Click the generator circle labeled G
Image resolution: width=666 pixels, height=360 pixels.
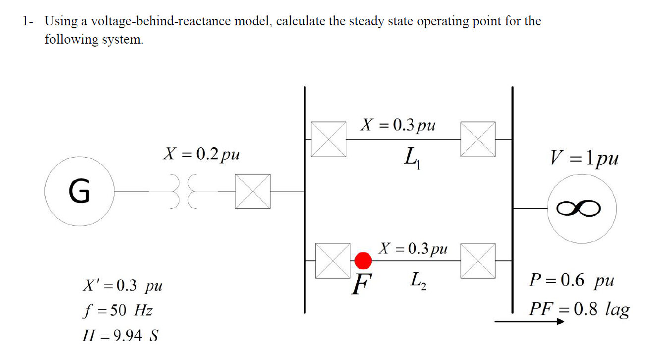point(79,191)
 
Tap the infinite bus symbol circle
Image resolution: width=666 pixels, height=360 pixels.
point(582,209)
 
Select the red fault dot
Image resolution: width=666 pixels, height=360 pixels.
point(363,260)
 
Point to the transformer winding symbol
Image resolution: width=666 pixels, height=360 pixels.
point(183,191)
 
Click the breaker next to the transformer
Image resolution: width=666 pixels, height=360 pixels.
point(253,191)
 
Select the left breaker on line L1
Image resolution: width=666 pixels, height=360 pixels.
point(328,139)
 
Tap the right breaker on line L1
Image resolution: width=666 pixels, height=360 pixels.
point(478,139)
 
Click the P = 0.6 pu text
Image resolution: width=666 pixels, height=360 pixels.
point(571,281)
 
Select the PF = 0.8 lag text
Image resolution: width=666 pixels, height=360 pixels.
point(579,309)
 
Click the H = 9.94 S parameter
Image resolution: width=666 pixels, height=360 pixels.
point(120,336)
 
